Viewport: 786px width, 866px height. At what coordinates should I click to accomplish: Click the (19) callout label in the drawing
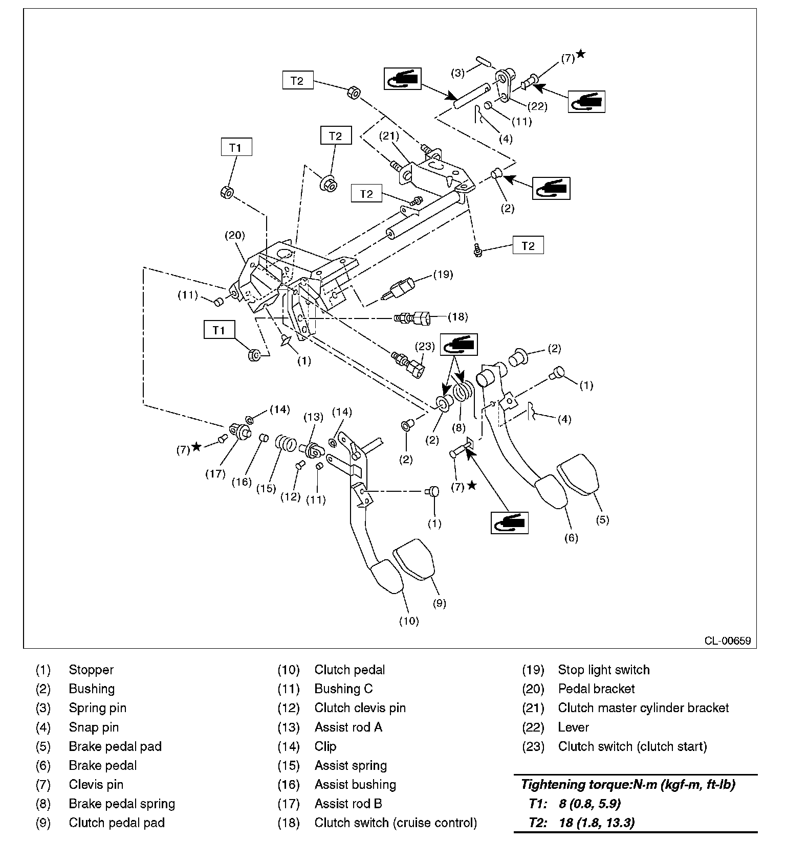click(443, 275)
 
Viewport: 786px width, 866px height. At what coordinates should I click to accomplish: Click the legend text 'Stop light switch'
click(603, 670)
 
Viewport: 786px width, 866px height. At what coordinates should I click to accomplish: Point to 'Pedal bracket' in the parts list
click(596, 689)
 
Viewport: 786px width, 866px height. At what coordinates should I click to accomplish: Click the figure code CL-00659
click(727, 641)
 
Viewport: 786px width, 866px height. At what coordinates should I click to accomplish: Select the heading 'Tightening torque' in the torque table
click(628, 784)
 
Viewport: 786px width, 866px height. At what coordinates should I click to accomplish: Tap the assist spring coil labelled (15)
click(285, 443)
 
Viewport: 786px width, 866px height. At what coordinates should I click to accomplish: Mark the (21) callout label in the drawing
click(389, 136)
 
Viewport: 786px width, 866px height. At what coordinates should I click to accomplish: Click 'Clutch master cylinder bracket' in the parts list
click(643, 708)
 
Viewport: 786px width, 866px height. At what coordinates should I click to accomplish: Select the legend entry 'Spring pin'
click(97, 708)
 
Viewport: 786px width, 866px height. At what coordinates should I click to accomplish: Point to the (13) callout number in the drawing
click(313, 417)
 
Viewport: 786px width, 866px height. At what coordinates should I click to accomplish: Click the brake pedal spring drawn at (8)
click(464, 392)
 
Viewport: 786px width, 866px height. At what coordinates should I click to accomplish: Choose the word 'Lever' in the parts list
click(573, 727)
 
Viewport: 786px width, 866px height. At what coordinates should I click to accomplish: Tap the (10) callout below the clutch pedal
click(409, 621)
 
